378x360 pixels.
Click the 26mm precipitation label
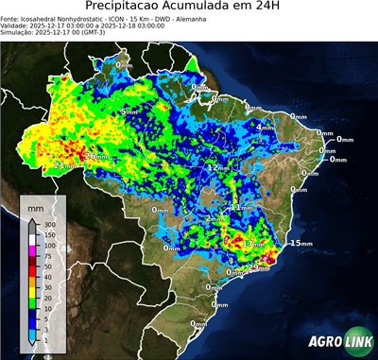tap(96, 156)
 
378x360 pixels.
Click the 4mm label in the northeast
tap(266, 127)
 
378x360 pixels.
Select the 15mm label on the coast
tap(301, 243)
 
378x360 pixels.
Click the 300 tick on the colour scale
tap(49, 224)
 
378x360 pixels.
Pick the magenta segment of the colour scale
tap(33, 249)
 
